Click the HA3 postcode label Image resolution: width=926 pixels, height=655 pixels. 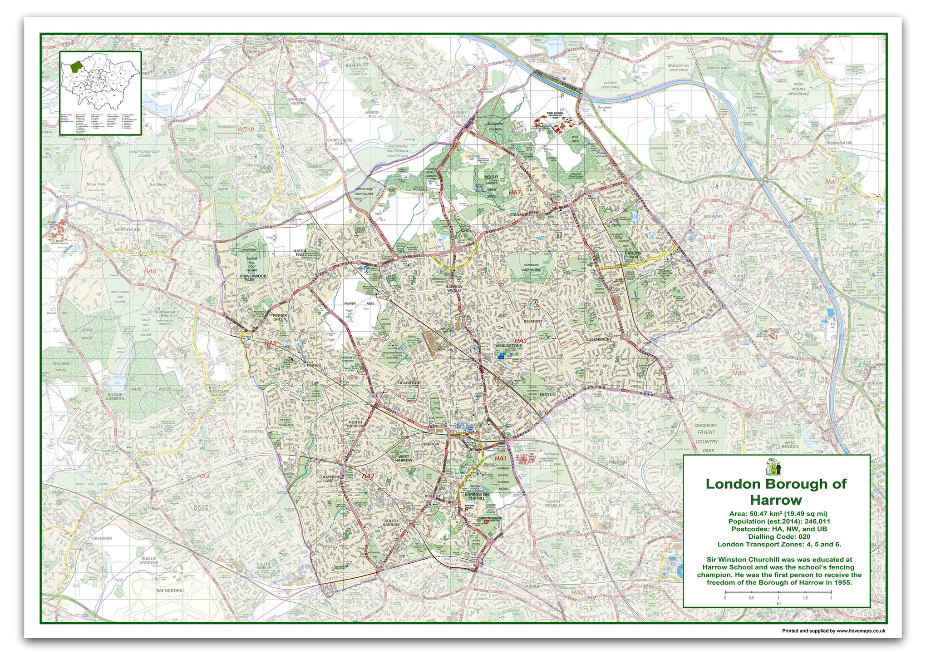[520, 341]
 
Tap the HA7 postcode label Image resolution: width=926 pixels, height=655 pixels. [514, 192]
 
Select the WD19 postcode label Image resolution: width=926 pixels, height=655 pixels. [246, 129]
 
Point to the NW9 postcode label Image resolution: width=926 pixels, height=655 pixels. [739, 373]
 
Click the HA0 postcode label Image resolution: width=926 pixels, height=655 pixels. [577, 592]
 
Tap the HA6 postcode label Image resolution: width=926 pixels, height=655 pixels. [150, 271]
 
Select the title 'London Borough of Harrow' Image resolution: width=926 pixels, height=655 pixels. [776, 492]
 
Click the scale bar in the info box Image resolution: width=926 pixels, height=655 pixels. [778, 592]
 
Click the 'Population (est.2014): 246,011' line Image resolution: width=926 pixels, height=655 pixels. [779, 521]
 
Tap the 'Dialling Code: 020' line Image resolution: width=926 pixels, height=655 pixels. [779, 536]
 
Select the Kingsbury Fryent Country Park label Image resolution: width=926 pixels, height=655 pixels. [706, 438]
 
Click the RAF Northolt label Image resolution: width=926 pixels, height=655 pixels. [170, 590]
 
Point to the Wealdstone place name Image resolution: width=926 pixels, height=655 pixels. [508, 346]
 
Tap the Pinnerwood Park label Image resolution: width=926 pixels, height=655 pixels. [253, 278]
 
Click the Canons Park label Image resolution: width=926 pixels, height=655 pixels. [633, 255]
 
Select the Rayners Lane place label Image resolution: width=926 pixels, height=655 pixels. [331, 479]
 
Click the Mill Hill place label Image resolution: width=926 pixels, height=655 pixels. [847, 224]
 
